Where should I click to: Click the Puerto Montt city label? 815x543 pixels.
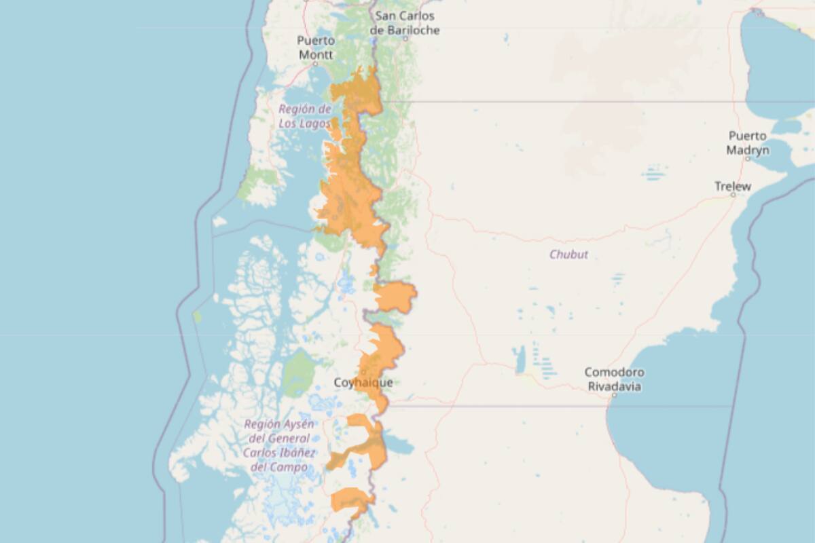click(x=316, y=47)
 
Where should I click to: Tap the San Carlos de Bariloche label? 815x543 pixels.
click(x=405, y=23)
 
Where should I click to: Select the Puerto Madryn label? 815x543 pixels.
click(x=748, y=143)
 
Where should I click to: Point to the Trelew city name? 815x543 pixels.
click(x=733, y=185)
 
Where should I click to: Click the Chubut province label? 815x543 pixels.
click(x=568, y=255)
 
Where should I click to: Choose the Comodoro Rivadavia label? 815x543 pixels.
click(x=615, y=379)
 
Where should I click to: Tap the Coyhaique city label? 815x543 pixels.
click(x=363, y=383)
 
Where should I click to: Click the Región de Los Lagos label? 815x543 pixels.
click(x=305, y=116)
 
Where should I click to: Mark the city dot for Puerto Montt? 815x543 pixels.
click(x=315, y=63)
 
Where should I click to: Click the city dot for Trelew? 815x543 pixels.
click(x=733, y=195)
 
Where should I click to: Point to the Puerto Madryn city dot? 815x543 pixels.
click(x=747, y=158)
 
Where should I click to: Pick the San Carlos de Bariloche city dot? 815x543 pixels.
click(x=405, y=39)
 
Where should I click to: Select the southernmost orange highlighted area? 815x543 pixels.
click(x=350, y=501)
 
